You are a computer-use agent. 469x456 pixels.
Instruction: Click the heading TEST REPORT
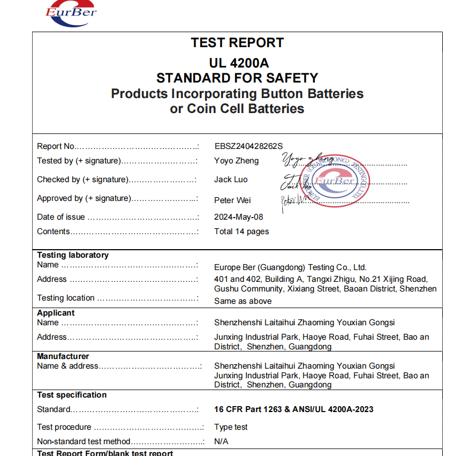pyautogui.click(x=237, y=43)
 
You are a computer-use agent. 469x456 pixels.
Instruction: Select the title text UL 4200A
pyautogui.click(x=237, y=62)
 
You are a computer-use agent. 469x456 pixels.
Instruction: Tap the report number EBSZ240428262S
pyautogui.click(x=248, y=146)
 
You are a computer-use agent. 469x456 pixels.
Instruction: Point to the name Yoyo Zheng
pyautogui.click(x=236, y=161)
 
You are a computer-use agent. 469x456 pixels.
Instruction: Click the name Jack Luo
pyautogui.click(x=231, y=180)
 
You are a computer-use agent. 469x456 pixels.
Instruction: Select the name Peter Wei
pyautogui.click(x=232, y=200)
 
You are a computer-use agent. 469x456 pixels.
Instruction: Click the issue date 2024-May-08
pyautogui.click(x=239, y=217)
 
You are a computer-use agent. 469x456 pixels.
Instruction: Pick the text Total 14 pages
pyautogui.click(x=241, y=231)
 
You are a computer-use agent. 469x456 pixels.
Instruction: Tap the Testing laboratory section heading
pyautogui.click(x=73, y=255)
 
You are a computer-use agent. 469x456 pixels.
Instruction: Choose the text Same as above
pyautogui.click(x=243, y=301)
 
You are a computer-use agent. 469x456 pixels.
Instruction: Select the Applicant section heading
pyautogui.click(x=56, y=313)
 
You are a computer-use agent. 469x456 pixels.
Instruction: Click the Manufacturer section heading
pyautogui.click(x=63, y=356)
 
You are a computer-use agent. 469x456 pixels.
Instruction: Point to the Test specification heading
pyautogui.click(x=72, y=395)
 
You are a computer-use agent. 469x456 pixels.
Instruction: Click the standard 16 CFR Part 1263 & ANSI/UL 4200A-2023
pyautogui.click(x=293, y=409)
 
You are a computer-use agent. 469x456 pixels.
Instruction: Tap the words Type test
pyautogui.click(x=231, y=427)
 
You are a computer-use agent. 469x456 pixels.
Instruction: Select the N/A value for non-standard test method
pyautogui.click(x=221, y=442)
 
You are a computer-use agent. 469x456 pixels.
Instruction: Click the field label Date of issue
pyautogui.click(x=61, y=217)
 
